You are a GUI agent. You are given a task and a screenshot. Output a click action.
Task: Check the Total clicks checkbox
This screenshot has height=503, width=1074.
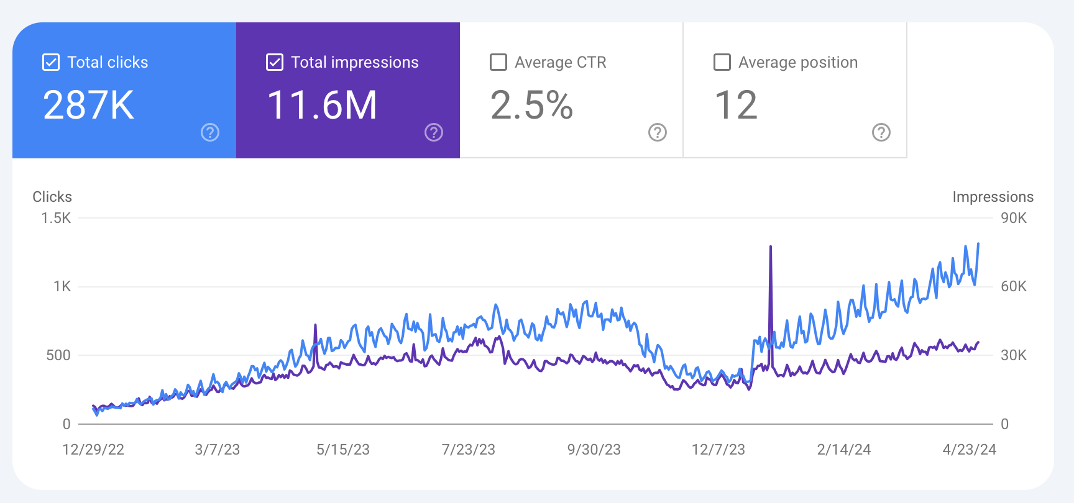coord(51,62)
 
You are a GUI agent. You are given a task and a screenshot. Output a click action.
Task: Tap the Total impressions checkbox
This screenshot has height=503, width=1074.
coord(275,62)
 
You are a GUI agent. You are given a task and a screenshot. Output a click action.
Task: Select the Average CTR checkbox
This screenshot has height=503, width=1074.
coord(498,62)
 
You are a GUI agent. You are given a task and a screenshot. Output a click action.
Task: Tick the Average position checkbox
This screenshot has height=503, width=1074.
coord(722,62)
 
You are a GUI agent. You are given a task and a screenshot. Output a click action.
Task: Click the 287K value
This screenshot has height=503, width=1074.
coord(89,105)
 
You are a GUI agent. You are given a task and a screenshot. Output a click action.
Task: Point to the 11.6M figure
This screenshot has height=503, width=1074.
coord(322,105)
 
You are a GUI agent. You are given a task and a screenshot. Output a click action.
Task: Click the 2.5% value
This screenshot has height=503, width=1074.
coord(531,105)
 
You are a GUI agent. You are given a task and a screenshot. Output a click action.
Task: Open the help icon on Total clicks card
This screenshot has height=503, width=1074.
coord(210,132)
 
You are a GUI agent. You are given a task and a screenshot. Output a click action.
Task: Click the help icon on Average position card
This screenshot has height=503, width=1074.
coord(881,132)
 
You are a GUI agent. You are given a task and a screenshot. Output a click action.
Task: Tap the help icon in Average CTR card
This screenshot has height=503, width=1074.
coord(658,132)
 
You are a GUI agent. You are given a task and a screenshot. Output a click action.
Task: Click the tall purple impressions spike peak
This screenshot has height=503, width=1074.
coord(771,247)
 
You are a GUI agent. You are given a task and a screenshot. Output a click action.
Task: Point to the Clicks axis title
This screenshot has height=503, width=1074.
coord(52,197)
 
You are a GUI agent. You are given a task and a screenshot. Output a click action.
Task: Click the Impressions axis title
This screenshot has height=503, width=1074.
coord(993,197)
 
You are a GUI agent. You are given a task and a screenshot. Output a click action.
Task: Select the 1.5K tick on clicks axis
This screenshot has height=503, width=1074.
coord(56,218)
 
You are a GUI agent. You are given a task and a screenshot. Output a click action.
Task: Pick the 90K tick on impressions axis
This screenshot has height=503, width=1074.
coord(1014,218)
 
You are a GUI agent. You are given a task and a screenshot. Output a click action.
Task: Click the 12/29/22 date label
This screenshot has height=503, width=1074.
coord(93,450)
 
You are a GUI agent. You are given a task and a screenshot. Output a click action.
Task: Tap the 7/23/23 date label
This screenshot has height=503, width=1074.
coord(469,450)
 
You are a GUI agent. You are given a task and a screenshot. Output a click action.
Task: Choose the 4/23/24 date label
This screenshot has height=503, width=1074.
coord(970,450)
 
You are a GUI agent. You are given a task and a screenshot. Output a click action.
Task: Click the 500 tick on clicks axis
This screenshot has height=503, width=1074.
coord(58,355)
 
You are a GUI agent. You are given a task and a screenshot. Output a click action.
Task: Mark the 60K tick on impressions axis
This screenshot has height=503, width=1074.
coord(1014,286)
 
